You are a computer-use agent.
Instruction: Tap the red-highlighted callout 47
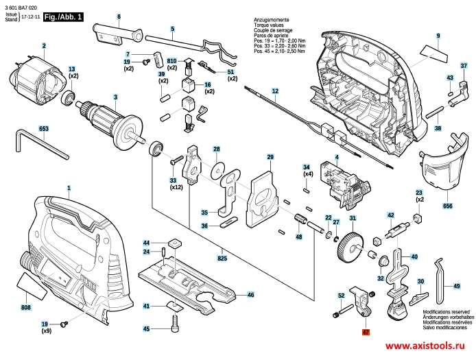366,331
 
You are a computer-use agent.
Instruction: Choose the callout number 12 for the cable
274,91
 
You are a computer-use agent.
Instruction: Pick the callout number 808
25,309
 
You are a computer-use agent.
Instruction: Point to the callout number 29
270,157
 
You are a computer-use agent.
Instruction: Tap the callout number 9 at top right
437,36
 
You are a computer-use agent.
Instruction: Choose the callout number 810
171,60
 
